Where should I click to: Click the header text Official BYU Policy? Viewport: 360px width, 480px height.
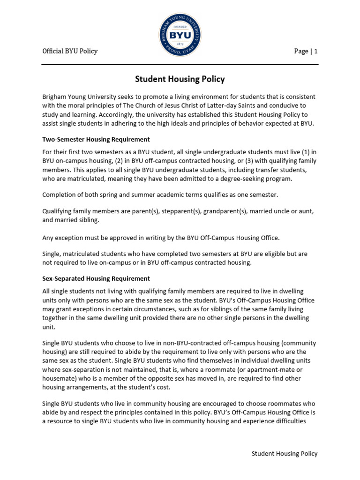pos(70,51)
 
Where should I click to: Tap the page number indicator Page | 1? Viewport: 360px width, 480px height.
pos(306,51)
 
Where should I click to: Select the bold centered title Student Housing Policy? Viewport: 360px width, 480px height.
pos(180,79)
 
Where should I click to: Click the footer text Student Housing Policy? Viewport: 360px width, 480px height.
pos(285,453)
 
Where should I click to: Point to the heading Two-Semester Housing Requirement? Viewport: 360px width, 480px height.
pos(96,139)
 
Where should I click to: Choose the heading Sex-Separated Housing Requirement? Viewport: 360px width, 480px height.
pos(96,278)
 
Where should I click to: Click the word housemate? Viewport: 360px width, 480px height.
pos(60,378)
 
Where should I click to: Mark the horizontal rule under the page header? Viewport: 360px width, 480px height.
pos(180,64)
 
